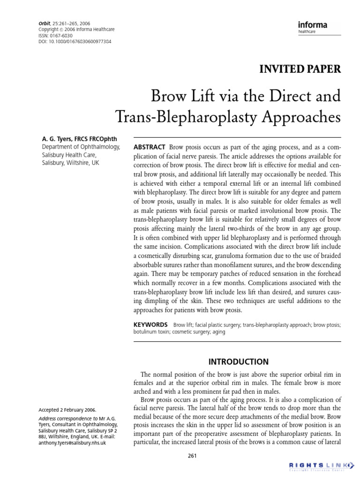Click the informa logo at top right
pos(313,25)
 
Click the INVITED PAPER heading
pos(300,69)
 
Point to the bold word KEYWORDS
pos(151,324)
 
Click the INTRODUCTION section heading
pos(238,362)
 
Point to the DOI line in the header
pos(75,42)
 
